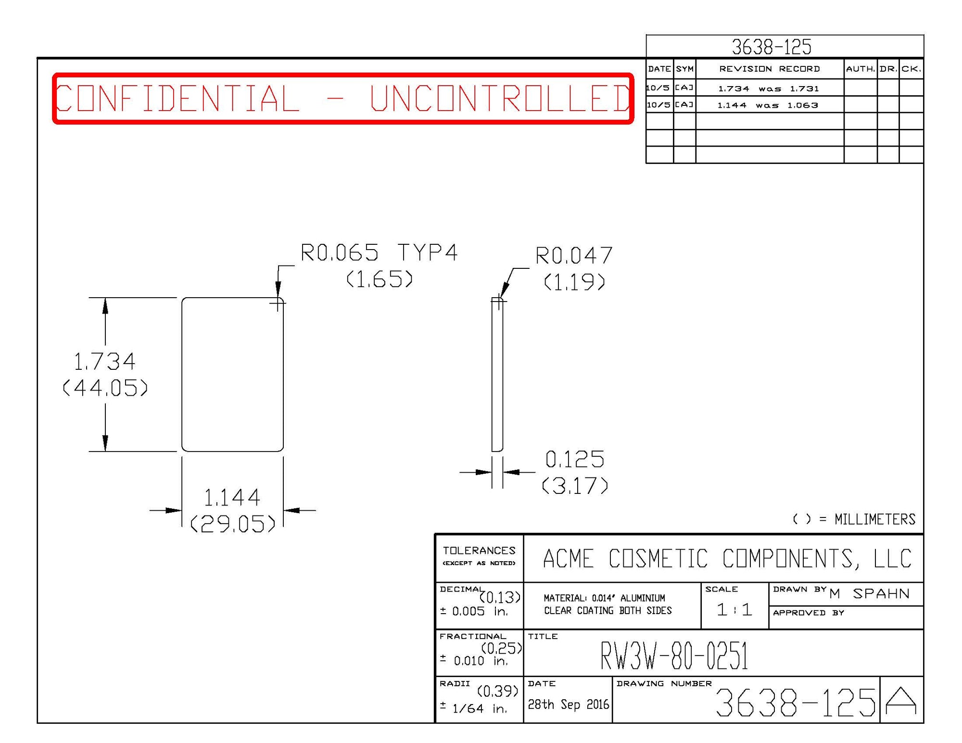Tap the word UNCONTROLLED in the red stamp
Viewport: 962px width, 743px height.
click(500, 98)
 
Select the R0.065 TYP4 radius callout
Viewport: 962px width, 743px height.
click(379, 252)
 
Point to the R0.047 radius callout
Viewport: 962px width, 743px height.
click(574, 255)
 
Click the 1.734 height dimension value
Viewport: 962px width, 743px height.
click(104, 362)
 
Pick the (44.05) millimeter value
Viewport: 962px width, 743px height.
click(105, 388)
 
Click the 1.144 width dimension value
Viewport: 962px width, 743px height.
click(232, 498)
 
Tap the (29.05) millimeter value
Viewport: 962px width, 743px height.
click(233, 524)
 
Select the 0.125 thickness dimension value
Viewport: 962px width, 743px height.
click(575, 459)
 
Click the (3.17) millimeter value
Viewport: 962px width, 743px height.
click(575, 486)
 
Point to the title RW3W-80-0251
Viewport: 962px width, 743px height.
click(674, 655)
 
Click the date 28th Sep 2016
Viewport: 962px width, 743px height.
click(568, 705)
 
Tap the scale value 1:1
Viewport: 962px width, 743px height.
click(734, 610)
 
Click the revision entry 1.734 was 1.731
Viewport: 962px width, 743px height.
click(768, 88)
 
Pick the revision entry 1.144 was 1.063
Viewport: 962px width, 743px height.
click(768, 105)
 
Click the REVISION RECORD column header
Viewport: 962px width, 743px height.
click(769, 69)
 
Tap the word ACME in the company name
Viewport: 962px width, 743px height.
click(568, 559)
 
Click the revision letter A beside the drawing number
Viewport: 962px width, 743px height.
click(901, 701)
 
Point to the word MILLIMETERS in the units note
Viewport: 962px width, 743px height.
click(874, 519)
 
